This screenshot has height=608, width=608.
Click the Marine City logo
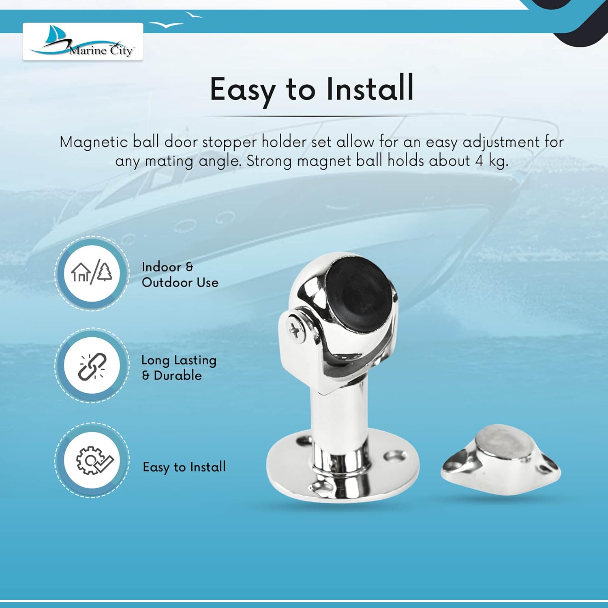pyautogui.click(x=83, y=42)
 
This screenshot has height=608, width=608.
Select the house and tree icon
pyautogui.click(x=92, y=273)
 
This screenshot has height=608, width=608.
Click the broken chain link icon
pyautogui.click(x=92, y=366)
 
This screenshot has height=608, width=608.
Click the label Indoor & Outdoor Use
pyautogui.click(x=180, y=274)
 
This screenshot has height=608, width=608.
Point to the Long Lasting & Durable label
pyautogui.click(x=178, y=367)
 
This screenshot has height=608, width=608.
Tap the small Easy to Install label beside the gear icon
pyautogui.click(x=184, y=467)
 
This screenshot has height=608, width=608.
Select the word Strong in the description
pyautogui.click(x=269, y=161)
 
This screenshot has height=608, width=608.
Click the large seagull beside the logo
pyautogui.click(x=166, y=25)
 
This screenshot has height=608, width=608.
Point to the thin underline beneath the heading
pyautogui.click(x=310, y=117)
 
